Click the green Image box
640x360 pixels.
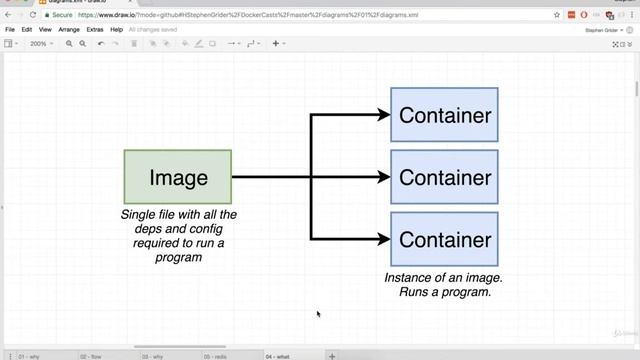click(178, 177)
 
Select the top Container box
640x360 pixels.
click(444, 115)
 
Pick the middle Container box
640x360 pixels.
click(444, 177)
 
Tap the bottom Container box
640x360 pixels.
click(444, 239)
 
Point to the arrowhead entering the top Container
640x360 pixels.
click(384, 115)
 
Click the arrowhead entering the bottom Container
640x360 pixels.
click(384, 239)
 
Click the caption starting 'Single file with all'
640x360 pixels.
click(178, 236)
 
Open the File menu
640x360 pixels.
click(10, 30)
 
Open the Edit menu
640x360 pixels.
click(27, 30)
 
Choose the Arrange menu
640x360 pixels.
click(69, 30)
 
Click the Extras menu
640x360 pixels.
click(95, 30)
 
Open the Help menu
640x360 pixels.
click(117, 30)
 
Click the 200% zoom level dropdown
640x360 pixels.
click(41, 44)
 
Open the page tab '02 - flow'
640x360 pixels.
click(90, 355)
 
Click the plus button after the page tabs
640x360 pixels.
click(332, 355)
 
